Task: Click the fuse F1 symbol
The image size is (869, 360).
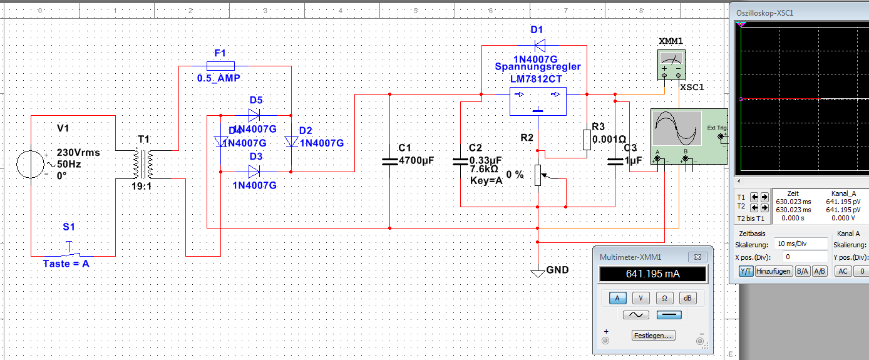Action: point(220,66)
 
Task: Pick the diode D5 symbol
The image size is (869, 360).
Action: point(254,115)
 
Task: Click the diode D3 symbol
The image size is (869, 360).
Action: point(254,171)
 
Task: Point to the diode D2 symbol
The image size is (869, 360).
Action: point(292,142)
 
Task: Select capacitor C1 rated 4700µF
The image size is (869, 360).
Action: point(389,161)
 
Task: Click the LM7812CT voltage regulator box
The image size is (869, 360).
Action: point(537,101)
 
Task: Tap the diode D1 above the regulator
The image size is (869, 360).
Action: point(538,46)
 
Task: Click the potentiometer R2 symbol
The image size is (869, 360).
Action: point(538,175)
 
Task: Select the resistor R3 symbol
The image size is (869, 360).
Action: point(587,140)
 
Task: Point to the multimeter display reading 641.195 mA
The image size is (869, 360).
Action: point(652,274)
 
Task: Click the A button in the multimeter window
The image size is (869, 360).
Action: point(618,298)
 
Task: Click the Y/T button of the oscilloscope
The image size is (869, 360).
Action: point(746,271)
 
